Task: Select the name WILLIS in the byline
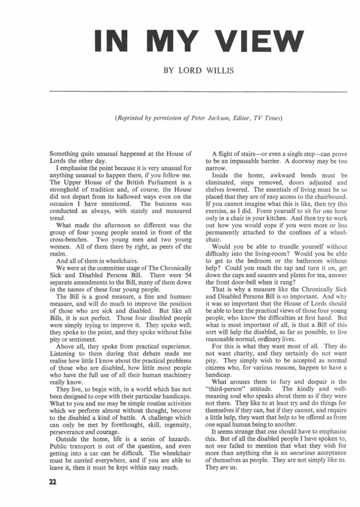[218, 69]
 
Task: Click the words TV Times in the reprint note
[268, 119]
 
